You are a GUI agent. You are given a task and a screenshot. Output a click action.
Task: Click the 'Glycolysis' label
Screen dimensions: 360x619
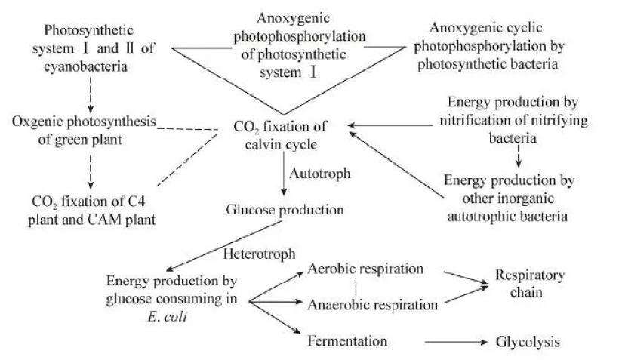click(528, 342)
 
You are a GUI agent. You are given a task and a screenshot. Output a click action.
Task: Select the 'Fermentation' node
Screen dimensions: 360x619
click(347, 341)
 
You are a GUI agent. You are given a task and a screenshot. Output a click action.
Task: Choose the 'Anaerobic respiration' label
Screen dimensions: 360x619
click(373, 305)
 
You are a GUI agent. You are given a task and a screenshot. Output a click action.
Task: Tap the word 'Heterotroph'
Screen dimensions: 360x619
click(258, 254)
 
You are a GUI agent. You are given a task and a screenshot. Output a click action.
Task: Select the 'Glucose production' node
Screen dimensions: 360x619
click(285, 209)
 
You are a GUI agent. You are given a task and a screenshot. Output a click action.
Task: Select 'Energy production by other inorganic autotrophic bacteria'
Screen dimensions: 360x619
click(510, 198)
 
